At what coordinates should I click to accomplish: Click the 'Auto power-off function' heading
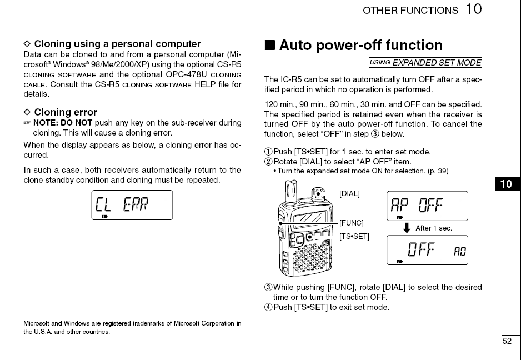(x=360, y=45)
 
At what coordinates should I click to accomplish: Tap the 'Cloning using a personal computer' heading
(x=117, y=44)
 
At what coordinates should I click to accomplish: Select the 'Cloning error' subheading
(x=65, y=112)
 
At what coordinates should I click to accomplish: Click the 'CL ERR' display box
(x=132, y=205)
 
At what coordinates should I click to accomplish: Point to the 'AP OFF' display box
(x=427, y=206)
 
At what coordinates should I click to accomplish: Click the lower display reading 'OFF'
(x=427, y=250)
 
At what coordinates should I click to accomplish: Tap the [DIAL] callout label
(x=349, y=194)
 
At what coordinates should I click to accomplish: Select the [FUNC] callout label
(x=352, y=223)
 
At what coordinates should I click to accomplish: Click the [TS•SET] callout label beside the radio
(x=354, y=236)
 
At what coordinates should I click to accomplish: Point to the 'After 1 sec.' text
(x=434, y=228)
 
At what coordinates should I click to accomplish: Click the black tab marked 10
(x=507, y=184)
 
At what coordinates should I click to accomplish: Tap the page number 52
(x=507, y=341)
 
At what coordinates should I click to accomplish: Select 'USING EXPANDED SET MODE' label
(x=425, y=63)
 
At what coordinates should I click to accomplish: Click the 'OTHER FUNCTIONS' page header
(x=410, y=11)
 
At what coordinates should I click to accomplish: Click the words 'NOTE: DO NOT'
(x=63, y=123)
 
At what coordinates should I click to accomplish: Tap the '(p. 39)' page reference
(x=436, y=171)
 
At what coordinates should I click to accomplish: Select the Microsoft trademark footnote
(x=132, y=327)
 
